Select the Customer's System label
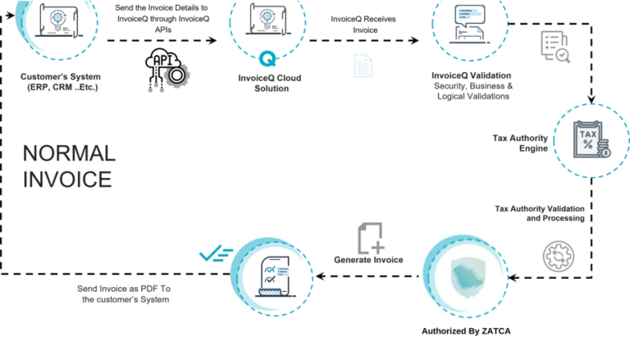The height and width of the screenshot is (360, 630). coord(59,83)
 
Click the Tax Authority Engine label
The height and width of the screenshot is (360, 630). coord(520,144)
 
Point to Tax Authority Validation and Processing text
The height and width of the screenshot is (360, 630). coord(539,213)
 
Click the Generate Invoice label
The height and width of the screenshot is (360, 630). coord(368,260)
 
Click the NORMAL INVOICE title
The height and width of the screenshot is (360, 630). coord(69,166)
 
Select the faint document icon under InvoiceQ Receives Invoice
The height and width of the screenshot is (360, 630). coord(363,66)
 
